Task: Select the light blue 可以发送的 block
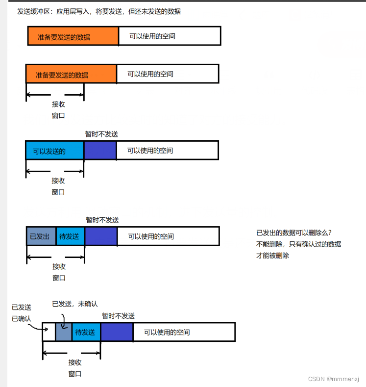point(54,151)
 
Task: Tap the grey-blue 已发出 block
point(41,236)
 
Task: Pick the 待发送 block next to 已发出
point(70,236)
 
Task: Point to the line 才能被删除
point(272,256)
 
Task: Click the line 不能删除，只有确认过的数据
point(298,244)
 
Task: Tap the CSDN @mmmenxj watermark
point(336,379)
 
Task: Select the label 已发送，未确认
point(74,304)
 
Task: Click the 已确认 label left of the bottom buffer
point(22,319)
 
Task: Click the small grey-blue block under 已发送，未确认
point(63,332)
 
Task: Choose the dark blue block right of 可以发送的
point(100,151)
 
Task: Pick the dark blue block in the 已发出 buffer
point(101,236)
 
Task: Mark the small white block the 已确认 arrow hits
point(49,332)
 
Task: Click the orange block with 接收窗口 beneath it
point(71,75)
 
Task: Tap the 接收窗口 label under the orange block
point(58,110)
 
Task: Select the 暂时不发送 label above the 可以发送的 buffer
point(101,134)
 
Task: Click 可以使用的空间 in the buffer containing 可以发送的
point(150,151)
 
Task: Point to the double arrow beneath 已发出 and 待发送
point(56,256)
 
